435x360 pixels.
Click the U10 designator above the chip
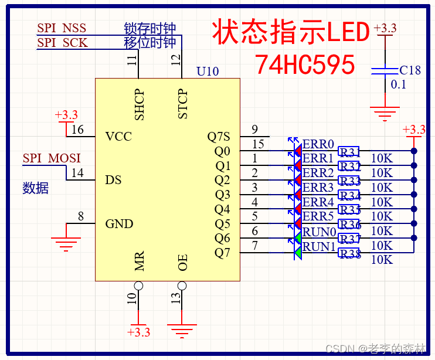pos(208,72)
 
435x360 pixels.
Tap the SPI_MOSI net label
pos(52,158)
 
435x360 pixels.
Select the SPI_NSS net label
pos(62,28)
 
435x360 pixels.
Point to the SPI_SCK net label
pos(62,43)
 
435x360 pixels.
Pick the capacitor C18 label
pos(410,70)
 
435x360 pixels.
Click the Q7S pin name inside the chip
pos(219,137)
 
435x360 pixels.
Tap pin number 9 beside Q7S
pos(254,130)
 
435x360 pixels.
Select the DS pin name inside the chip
pos(113,180)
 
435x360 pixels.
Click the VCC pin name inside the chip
pos(118,137)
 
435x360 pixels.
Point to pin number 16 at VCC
pos(77,130)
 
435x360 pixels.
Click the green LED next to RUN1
pos(298,252)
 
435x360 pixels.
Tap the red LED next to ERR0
pos(298,151)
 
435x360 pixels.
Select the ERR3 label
pos(318,188)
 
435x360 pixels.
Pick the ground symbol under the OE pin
pos(182,331)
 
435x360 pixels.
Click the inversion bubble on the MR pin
pos(138,286)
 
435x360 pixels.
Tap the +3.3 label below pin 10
pos(138,332)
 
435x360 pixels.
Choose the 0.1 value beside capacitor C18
pos(399,84)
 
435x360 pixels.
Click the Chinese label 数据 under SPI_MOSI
pos(35,188)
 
